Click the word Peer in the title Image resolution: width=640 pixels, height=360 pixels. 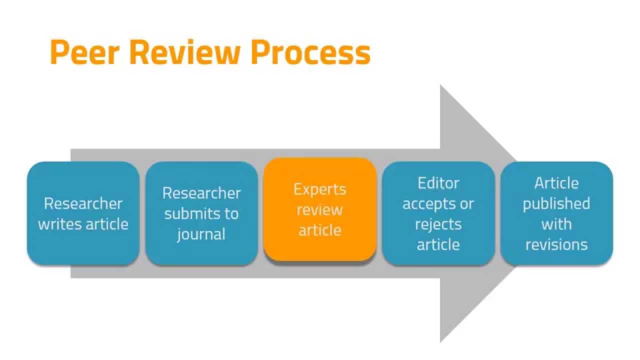(x=82, y=52)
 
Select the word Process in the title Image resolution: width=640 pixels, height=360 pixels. (x=310, y=52)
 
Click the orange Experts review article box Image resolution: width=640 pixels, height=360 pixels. (x=320, y=209)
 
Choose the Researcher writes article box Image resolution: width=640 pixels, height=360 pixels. (x=83, y=213)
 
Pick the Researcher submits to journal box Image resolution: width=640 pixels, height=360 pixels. (x=201, y=213)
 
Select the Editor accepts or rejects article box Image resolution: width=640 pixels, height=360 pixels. (x=438, y=213)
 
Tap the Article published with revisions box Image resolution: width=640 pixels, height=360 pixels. (x=556, y=213)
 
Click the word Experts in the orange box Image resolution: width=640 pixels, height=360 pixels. (x=320, y=189)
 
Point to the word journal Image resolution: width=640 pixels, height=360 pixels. (x=201, y=234)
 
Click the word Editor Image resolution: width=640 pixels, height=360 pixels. (x=438, y=183)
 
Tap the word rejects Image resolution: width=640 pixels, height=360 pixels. (x=438, y=224)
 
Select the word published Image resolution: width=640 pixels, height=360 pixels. (x=556, y=203)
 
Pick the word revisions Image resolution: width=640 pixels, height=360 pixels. (x=556, y=244)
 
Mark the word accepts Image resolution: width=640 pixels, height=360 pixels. (x=425, y=203)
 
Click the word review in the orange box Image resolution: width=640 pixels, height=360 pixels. (x=320, y=209)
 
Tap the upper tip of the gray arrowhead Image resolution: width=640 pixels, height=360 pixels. (x=441, y=86)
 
